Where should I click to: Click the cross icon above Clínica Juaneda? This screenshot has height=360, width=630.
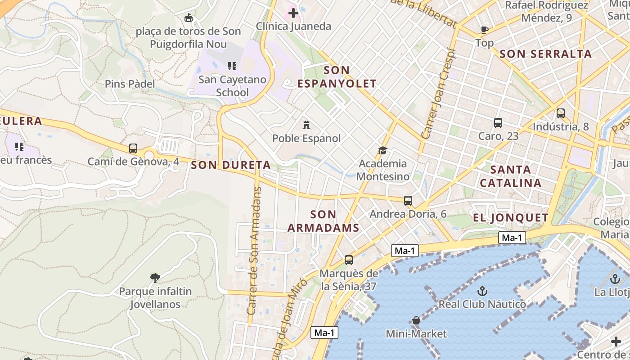click(293, 13)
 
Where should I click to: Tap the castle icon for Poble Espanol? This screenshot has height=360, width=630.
click(306, 125)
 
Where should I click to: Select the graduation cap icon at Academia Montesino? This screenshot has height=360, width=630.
click(382, 150)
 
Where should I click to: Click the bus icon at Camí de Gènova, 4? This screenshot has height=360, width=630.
click(133, 148)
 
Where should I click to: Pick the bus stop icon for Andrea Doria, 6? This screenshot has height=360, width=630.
click(408, 201)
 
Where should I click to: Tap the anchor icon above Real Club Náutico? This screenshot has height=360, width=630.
click(482, 291)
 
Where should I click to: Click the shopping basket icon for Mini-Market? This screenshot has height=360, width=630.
click(416, 320)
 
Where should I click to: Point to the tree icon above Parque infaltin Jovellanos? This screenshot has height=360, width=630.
click(155, 278)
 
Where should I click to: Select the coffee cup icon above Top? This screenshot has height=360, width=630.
click(484, 30)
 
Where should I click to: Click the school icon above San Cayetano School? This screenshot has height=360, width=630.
click(232, 66)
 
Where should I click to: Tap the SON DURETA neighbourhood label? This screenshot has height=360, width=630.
click(231, 165)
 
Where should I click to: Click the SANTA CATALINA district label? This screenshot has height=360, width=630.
click(510, 176)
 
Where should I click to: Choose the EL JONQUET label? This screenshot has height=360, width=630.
click(511, 218)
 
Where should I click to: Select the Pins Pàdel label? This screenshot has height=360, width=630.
click(130, 84)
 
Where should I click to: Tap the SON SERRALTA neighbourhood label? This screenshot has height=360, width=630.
click(545, 54)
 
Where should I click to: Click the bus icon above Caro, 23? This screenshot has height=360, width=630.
click(498, 123)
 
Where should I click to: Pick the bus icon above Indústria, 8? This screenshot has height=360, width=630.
click(561, 113)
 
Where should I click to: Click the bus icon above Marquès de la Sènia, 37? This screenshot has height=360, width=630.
click(349, 260)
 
